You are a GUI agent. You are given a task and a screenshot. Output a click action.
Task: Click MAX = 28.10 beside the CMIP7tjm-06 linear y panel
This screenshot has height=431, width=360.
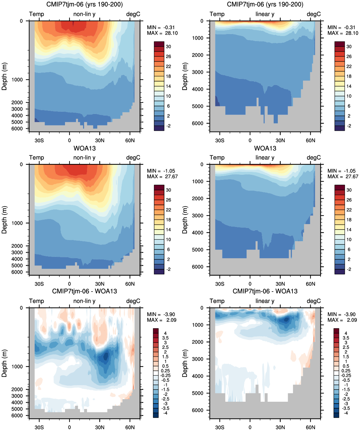point(343,33)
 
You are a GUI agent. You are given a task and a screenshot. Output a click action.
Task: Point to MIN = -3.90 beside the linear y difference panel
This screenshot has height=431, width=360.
point(342,314)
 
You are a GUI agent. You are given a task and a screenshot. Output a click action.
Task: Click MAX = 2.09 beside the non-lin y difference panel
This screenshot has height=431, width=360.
point(162,320)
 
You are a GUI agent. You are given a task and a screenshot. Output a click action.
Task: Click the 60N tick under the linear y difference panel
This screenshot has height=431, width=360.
point(310,427)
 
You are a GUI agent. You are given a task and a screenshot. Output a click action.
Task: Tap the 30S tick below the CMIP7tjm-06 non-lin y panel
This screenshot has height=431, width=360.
point(39,140)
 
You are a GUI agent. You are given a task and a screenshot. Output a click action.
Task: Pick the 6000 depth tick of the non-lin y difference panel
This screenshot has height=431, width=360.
point(17,415)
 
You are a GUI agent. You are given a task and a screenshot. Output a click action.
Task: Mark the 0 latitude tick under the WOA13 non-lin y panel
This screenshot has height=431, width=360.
point(69,284)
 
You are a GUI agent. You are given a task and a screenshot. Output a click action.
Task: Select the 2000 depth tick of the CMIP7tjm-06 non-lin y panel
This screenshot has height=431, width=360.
point(17,102)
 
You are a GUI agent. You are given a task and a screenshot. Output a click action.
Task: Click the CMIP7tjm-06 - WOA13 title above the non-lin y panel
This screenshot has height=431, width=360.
point(84,291)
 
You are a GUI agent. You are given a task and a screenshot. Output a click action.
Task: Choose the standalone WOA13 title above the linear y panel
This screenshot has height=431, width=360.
point(265,148)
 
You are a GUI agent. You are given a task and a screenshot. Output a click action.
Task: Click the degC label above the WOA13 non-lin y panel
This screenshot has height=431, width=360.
point(133,158)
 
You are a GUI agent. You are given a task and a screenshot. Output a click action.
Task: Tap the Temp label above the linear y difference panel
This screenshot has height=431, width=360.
point(217,301)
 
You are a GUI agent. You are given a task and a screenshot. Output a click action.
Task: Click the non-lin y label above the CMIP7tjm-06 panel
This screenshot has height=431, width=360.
point(84,14)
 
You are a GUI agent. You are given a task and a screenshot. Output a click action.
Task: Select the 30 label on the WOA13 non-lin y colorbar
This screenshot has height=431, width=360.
point(169,190)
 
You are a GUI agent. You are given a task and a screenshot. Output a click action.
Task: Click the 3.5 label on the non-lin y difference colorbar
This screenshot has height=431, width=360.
point(165,338)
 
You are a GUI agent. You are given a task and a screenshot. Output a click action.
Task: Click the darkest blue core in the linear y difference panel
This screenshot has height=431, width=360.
point(286,320)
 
